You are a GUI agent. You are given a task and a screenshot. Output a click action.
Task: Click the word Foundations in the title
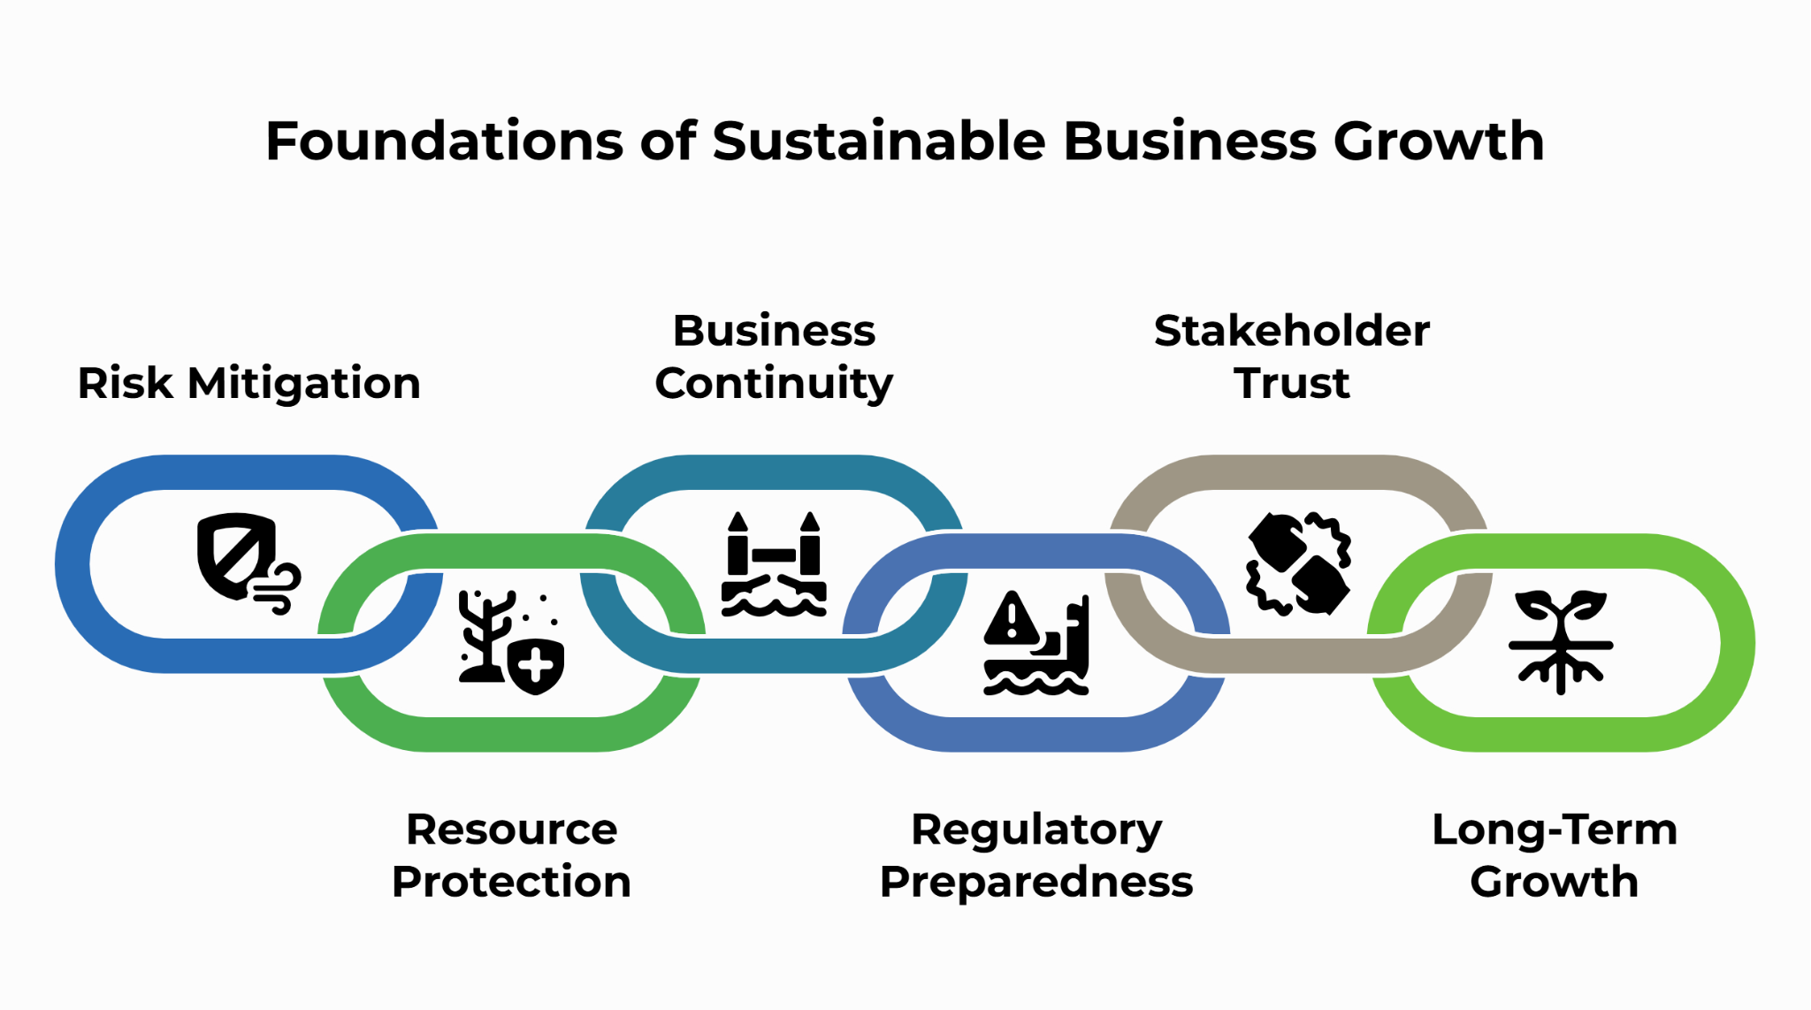point(445,141)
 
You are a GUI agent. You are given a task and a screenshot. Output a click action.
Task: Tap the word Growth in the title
point(1439,141)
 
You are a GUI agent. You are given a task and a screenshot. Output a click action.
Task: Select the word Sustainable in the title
point(879,141)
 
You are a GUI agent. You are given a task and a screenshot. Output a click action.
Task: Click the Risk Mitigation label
point(248,384)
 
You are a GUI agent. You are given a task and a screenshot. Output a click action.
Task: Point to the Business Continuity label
point(774,357)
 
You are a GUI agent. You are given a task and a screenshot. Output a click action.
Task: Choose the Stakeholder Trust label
point(1292,356)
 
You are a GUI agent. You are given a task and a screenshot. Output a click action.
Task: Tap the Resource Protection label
point(511,855)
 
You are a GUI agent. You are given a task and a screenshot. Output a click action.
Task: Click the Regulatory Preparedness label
point(1036,856)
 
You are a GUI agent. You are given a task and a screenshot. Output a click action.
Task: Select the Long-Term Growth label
point(1555,856)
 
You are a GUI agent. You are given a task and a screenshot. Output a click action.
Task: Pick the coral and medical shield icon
point(511,642)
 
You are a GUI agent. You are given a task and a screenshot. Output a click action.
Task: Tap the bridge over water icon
point(774,563)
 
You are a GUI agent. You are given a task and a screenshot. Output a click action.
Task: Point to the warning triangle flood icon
point(1036,642)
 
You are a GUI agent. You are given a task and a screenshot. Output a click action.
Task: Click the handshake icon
point(1298,563)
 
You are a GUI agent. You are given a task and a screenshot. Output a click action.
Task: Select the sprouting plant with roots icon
point(1561,642)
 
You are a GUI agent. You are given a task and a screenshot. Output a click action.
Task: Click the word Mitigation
point(303,384)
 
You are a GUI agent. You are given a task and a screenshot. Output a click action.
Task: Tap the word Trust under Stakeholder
point(1292,384)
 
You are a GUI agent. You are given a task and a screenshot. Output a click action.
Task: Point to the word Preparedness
point(1036,883)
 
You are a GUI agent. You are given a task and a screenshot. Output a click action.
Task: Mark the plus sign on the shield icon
point(536,666)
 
